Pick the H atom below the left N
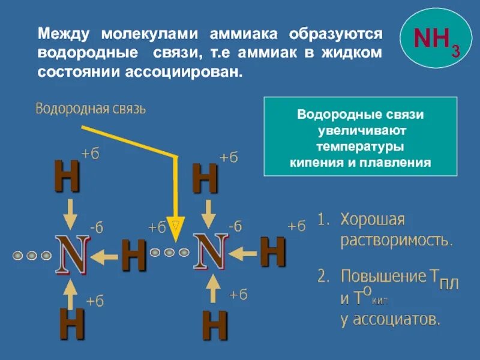pos(71,324)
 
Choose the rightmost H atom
pos(272,252)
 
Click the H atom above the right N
pos(205,178)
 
